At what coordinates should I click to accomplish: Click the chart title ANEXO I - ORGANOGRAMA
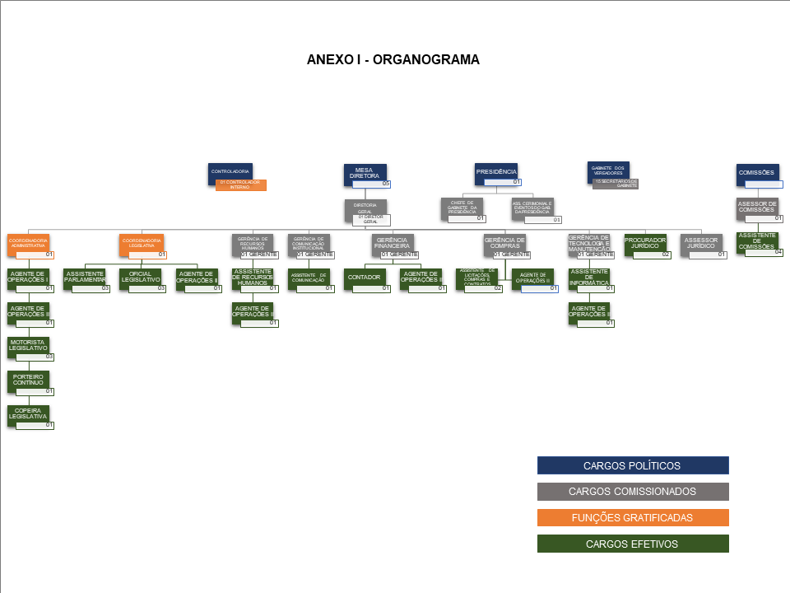393,59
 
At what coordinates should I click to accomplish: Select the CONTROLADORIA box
230,172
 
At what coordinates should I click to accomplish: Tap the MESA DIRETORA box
365,173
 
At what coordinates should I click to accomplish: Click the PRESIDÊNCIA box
495,171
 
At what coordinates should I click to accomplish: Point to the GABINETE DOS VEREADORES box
609,170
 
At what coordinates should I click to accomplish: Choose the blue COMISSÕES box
757,173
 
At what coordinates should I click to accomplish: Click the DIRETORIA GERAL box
365,208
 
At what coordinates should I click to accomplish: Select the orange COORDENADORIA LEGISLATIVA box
142,243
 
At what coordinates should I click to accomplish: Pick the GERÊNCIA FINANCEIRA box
393,243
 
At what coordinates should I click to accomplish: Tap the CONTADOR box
364,278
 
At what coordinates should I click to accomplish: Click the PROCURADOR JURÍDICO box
645,243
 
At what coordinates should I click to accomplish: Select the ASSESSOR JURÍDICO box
702,243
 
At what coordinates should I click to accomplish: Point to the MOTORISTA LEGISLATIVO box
28,346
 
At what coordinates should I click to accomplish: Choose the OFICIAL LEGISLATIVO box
140,278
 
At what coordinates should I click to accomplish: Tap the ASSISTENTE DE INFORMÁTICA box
588,278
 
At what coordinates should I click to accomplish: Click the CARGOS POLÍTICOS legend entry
632,465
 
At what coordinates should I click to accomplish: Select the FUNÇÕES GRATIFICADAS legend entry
632,518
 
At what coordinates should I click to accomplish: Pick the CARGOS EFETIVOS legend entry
632,544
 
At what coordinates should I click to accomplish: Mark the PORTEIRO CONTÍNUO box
28,380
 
